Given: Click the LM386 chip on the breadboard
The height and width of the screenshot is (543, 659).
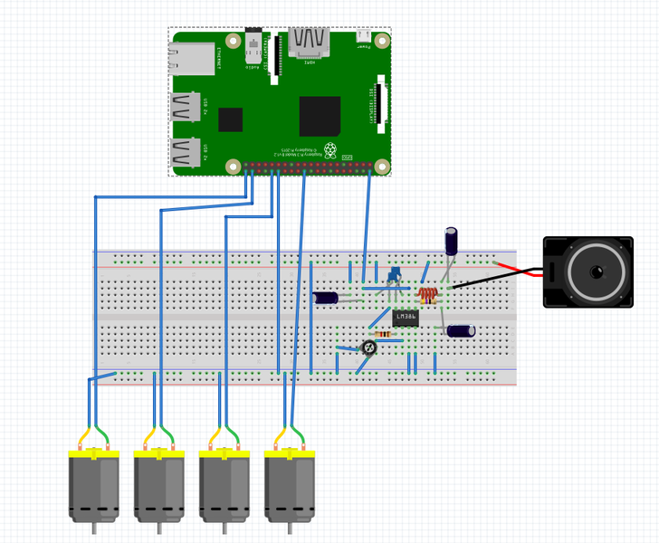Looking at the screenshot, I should point(405,318).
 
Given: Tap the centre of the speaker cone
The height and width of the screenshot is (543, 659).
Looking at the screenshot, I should point(597,271).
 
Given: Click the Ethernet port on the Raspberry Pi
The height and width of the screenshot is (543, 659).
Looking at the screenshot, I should point(194,60).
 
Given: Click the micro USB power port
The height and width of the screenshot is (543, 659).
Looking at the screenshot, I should point(364,40).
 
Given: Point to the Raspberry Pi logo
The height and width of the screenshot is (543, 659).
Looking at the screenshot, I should point(331,149).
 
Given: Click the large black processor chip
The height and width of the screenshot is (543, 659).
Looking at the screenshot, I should point(320,117).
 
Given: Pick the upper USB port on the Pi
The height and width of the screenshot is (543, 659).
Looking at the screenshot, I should point(186,106).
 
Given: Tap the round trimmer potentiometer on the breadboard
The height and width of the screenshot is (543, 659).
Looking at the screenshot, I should point(368,347).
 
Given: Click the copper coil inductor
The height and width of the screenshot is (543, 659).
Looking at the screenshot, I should point(427,293).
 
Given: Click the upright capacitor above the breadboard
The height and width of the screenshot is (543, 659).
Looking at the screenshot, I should point(451,241).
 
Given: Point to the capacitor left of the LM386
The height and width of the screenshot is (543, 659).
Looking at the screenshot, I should point(326,297).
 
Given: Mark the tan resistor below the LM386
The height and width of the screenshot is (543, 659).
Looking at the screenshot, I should point(385,334).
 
